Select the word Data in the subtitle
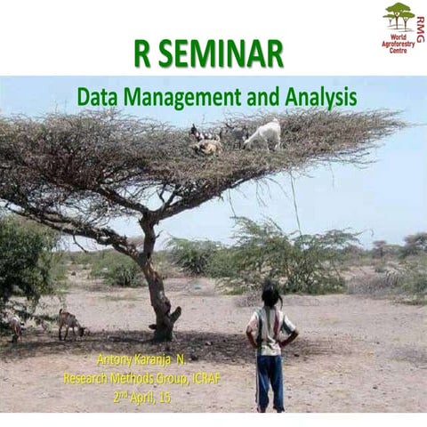[x=97, y=96]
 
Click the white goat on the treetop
[x=262, y=134]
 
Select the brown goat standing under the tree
[x=69, y=323]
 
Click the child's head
[x=270, y=295]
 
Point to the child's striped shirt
[x=270, y=329]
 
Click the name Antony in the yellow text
[x=115, y=361]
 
